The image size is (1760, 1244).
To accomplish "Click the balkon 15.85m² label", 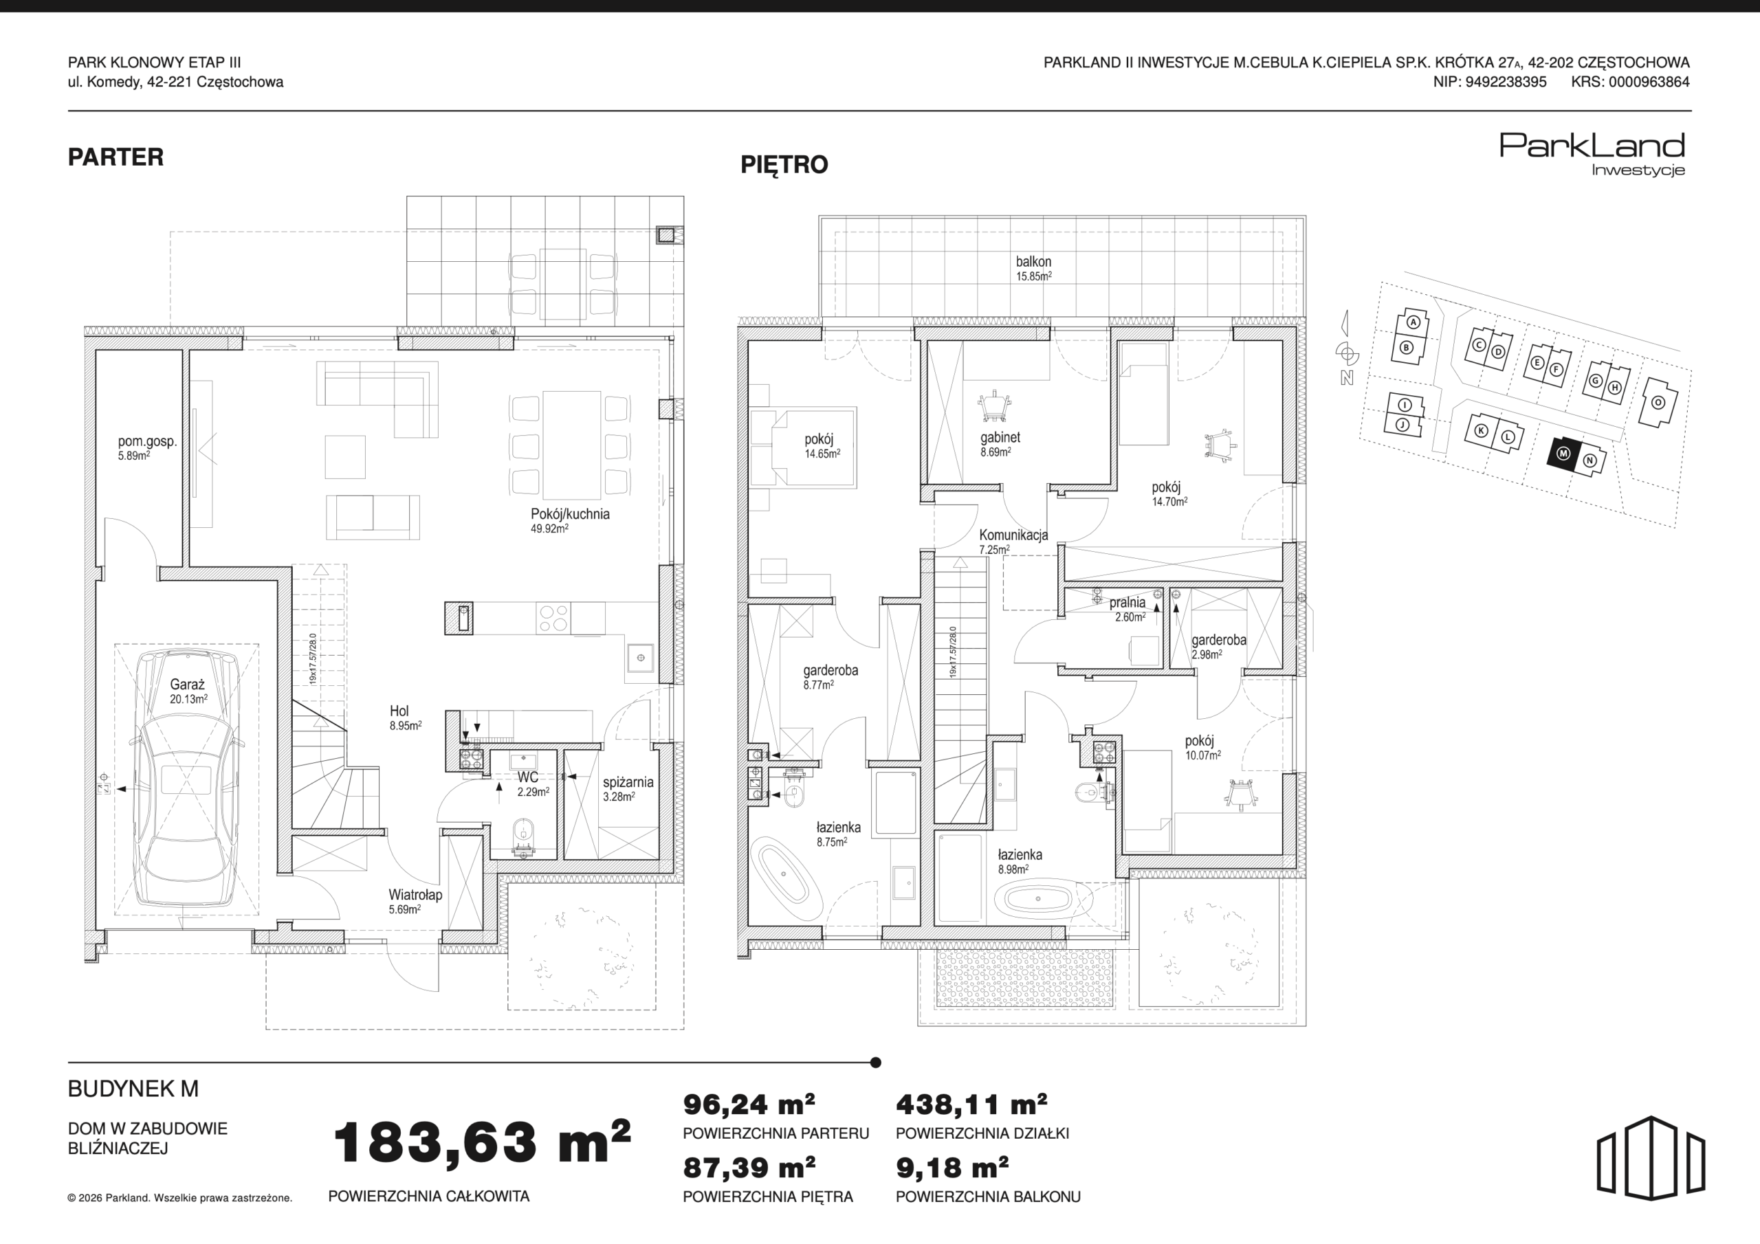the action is (1034, 268).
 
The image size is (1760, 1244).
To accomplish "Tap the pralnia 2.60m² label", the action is (1127, 608).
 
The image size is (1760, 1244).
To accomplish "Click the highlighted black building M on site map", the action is (1564, 453).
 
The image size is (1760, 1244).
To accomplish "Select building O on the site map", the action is (1658, 402).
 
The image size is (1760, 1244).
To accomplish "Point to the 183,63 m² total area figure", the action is (482, 1142).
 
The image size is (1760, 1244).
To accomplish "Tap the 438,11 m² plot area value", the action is (971, 1104).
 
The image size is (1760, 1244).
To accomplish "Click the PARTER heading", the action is (115, 157).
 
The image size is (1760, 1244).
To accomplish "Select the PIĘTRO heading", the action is (784, 165).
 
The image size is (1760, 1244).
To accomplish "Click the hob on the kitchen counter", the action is (553, 618).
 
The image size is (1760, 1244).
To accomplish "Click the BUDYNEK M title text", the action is (133, 1089).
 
